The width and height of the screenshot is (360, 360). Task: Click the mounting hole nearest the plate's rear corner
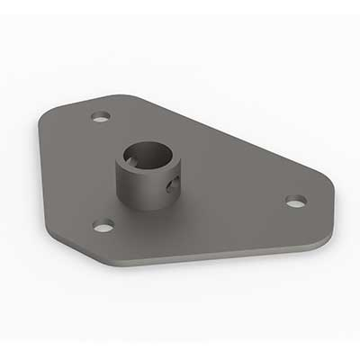pos(101,116)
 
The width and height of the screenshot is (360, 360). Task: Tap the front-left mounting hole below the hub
pos(103,224)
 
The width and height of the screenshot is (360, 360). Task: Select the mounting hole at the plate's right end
pos(296,201)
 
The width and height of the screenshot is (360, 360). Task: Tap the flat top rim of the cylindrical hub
pos(171,153)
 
